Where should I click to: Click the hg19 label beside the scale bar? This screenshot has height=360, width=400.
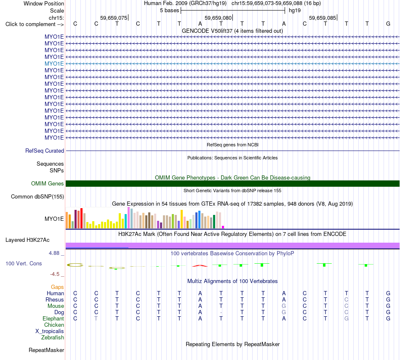click(295, 11)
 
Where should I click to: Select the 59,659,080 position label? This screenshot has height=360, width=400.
click(218, 18)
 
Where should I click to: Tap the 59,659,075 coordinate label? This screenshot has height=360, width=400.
click(114, 18)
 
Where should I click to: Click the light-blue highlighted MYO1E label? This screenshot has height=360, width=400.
click(54, 64)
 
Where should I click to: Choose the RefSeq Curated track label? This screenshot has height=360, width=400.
click(45, 151)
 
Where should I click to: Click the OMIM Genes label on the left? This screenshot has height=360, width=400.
click(48, 183)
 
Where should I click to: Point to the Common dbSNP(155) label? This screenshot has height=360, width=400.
click(37, 197)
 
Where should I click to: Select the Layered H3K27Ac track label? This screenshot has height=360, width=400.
click(27, 240)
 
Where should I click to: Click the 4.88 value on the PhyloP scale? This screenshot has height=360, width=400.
click(54, 253)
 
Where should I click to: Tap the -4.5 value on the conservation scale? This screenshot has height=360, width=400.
click(55, 274)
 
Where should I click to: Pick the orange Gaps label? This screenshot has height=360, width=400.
click(57, 287)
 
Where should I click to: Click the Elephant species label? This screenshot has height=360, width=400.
click(53, 319)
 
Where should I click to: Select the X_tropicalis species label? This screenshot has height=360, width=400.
click(50, 331)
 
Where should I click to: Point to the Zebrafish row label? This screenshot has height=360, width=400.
click(53, 338)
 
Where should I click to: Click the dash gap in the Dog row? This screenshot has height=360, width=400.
click(221, 312)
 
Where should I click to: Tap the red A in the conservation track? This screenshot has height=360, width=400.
click(200, 266)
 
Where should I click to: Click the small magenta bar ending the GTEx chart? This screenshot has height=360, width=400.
click(223, 227)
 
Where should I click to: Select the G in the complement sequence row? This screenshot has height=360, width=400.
click(388, 24)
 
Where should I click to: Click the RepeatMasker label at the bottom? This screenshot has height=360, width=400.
click(46, 350)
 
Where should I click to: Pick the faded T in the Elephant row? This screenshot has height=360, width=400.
click(96, 319)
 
